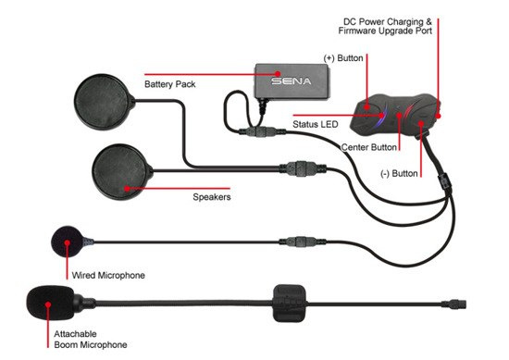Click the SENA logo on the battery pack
pos(292,81)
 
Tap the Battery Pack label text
pos(169,84)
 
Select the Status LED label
pos(316,124)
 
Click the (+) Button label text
pos(343,58)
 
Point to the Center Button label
pos(368,147)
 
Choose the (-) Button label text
pos(399,174)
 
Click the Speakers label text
pos(212,197)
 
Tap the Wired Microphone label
pos(108,276)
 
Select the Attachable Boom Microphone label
pos(91,340)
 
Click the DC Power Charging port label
pos(385,26)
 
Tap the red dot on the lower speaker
pos(127,188)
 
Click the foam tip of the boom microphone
pos(51,303)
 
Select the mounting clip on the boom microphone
pos(289,304)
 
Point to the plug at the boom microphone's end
pos(453,304)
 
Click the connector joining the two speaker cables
pos(302,168)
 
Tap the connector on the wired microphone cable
pos(302,242)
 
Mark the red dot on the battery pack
pos(278,74)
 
